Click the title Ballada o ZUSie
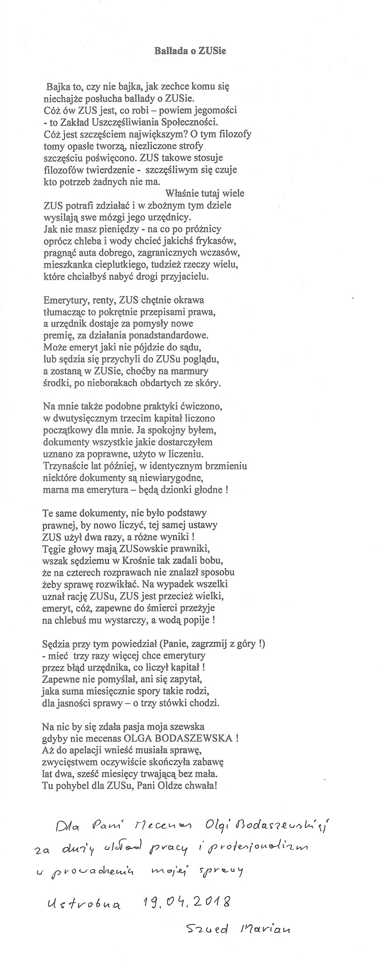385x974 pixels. click(x=190, y=52)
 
